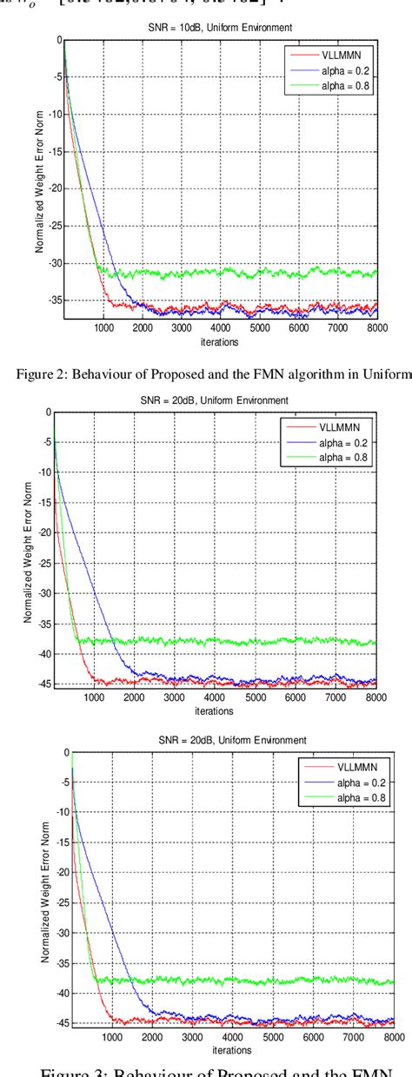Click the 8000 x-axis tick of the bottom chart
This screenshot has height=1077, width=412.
pyautogui.click(x=393, y=1036)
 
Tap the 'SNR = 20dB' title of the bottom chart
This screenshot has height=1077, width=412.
pyautogui.click(x=228, y=741)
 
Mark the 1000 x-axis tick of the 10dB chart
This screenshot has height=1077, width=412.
pyautogui.click(x=103, y=330)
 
